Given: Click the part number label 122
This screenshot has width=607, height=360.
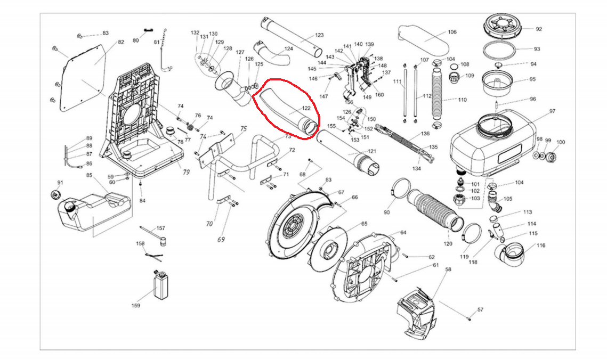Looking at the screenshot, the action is coord(306,108).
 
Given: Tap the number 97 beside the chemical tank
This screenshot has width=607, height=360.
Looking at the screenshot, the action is coord(552,111).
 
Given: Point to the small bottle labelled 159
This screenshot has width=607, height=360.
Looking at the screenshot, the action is coord(161,284).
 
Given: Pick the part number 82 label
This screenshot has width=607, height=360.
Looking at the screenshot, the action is coord(121,42).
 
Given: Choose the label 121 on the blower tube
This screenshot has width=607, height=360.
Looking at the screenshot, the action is coord(372,151).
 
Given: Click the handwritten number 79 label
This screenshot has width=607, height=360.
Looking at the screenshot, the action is coord(186,171).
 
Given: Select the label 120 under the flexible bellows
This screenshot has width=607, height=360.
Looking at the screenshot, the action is coord(448,243).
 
